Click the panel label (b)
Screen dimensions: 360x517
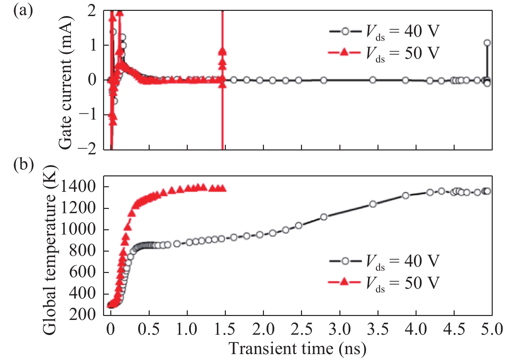click(23, 165)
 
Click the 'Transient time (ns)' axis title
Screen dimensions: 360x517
click(297, 349)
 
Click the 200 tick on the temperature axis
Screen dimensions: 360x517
click(82, 315)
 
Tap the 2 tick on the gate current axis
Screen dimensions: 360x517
click(92, 11)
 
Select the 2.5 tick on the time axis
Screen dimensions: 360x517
click(301, 329)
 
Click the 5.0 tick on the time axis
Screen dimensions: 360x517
click(492, 329)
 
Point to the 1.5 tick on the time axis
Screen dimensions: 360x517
click(225, 329)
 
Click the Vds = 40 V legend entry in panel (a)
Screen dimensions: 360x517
click(384, 32)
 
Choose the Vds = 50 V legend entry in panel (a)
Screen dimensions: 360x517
click(384, 53)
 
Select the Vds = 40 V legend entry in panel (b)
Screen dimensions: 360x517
click(384, 261)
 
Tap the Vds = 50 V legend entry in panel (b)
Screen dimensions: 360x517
click(384, 283)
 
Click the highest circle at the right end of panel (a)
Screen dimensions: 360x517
click(487, 43)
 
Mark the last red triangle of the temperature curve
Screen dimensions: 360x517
click(223, 189)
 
